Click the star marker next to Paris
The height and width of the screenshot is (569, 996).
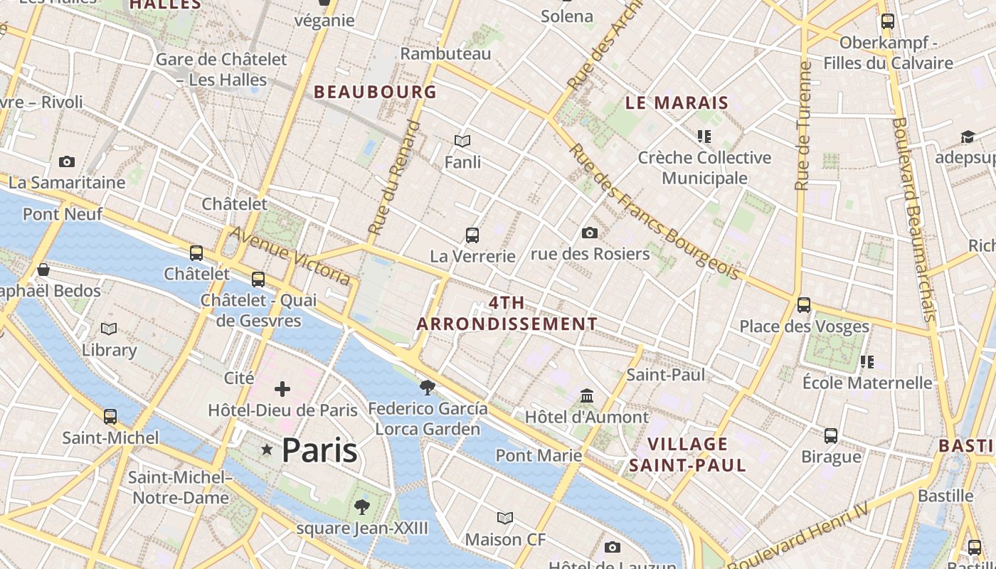tap(267, 450)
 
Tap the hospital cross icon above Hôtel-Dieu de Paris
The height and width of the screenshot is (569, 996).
tap(282, 388)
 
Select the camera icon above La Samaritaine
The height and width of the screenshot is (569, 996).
tap(67, 162)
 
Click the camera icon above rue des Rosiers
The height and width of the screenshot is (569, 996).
tap(589, 233)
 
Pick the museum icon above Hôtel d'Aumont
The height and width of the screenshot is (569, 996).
tap(587, 395)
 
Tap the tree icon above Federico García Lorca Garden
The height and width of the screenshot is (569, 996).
tap(427, 387)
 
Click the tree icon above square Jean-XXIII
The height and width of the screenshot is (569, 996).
tap(362, 506)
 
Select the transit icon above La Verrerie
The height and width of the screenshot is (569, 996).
tap(472, 235)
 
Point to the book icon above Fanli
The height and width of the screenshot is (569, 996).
tap(462, 141)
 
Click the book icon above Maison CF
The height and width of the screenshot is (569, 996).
tap(505, 518)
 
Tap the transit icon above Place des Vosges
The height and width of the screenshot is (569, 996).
tap(804, 304)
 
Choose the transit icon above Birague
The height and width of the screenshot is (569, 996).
tap(831, 435)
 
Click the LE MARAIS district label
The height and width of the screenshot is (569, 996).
tap(677, 102)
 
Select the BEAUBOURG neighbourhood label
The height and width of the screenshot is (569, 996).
tap(375, 92)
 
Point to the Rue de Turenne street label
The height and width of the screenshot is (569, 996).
tap(803, 126)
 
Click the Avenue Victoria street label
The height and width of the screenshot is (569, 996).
tap(290, 255)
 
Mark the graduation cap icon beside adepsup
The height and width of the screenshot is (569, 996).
tap(968, 137)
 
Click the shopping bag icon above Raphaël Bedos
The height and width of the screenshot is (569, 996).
tap(43, 270)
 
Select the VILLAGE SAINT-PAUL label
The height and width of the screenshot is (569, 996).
tap(687, 454)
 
